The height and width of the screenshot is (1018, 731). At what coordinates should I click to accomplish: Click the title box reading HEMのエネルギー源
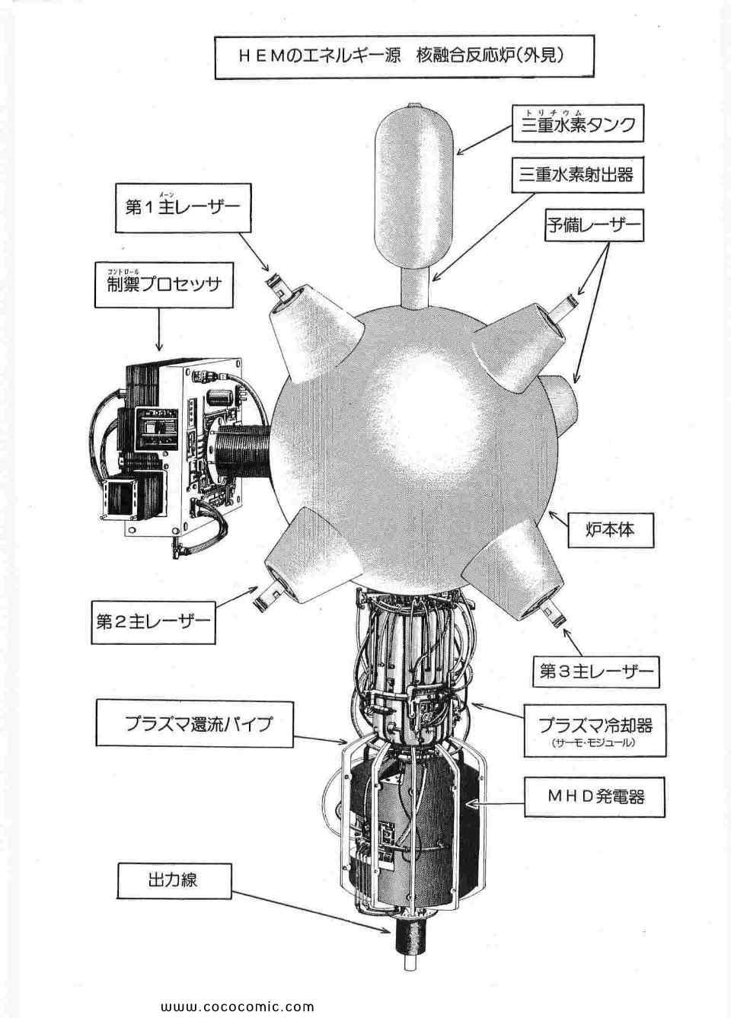pyautogui.click(x=404, y=56)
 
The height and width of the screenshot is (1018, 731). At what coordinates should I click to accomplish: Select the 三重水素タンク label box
pyautogui.click(x=578, y=123)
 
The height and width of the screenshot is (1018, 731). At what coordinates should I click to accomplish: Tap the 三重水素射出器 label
pyautogui.click(x=578, y=176)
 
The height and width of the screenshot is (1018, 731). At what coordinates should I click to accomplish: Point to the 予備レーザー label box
pyautogui.click(x=594, y=225)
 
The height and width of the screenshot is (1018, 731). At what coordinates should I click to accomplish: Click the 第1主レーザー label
pyautogui.click(x=182, y=207)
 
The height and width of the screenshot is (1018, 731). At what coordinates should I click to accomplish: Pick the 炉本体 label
pyautogui.click(x=611, y=531)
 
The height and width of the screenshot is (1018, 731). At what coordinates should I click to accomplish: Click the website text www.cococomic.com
pyautogui.click(x=237, y=1006)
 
